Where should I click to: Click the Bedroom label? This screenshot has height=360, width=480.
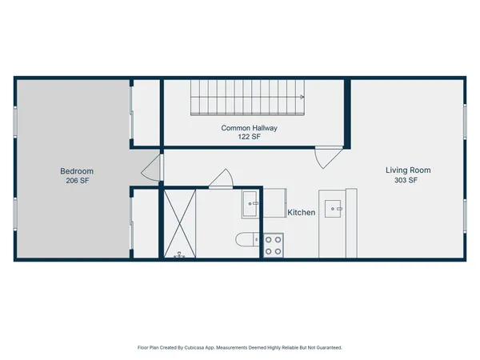pyautogui.click(x=78, y=171)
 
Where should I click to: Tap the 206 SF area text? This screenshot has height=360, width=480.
pyautogui.click(x=78, y=182)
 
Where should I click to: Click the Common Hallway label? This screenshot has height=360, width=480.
pyautogui.click(x=250, y=128)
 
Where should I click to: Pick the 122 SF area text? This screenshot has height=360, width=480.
pyautogui.click(x=250, y=138)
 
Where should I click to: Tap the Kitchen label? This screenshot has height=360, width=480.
pyautogui.click(x=302, y=213)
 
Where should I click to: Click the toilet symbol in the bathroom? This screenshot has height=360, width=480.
pyautogui.click(x=246, y=238)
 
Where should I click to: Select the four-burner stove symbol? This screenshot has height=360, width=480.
pyautogui.click(x=273, y=244)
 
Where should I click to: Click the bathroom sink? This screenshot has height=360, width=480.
pyautogui.click(x=250, y=204)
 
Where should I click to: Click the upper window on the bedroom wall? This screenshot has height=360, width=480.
pyautogui.click(x=15, y=120)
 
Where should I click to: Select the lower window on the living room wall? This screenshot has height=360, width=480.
pyautogui.click(x=465, y=214)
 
